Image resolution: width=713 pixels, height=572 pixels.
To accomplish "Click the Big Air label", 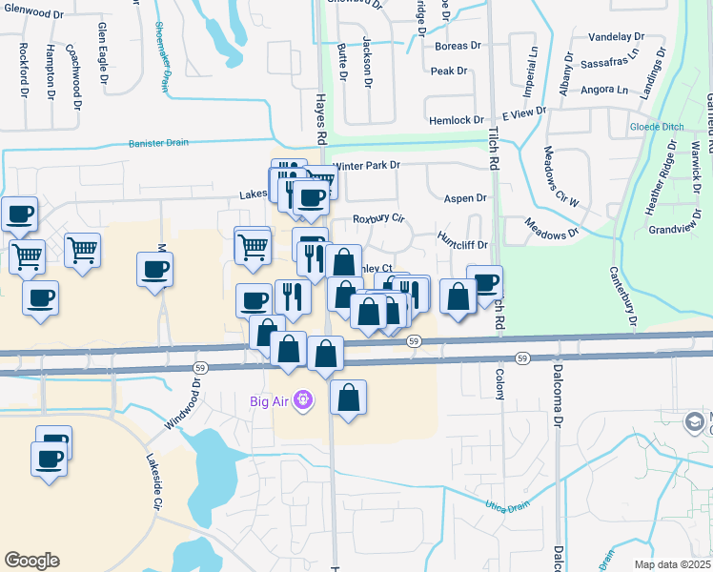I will click(271, 400).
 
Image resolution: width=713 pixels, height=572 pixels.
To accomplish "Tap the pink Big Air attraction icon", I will click(303, 400).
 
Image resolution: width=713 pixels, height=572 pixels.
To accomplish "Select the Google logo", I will click(32, 560).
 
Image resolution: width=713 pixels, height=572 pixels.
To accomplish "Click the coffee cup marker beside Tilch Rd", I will click(485, 281).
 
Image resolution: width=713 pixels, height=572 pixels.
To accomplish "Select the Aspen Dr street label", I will click(465, 198).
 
